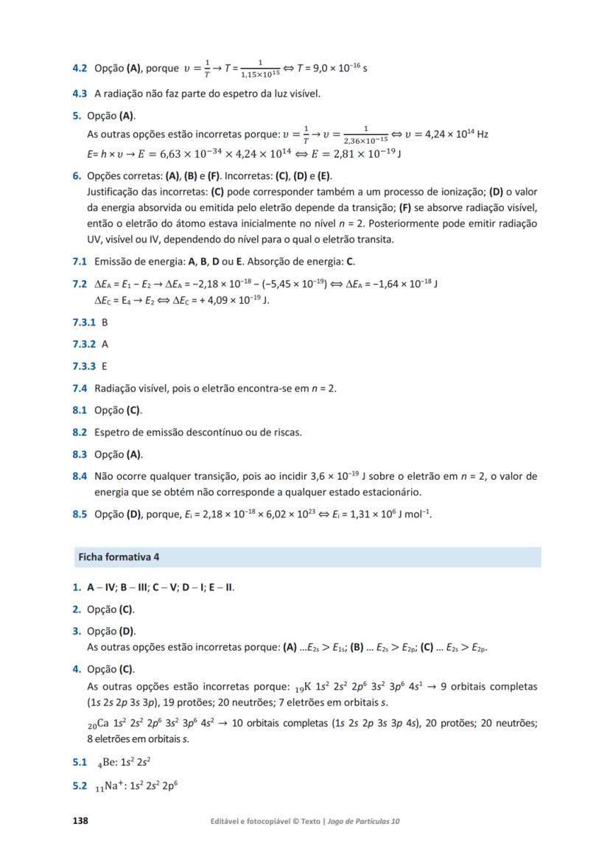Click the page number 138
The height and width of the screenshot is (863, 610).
pos(80,820)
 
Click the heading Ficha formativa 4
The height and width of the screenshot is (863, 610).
pos(119,556)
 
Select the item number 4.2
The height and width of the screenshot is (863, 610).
pos(80,69)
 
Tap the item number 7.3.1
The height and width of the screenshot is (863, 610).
pos(84,322)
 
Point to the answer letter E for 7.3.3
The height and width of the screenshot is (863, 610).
pos(105,366)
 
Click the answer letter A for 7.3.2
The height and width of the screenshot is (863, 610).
pos(105,343)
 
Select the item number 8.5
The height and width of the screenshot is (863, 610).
pos(80,514)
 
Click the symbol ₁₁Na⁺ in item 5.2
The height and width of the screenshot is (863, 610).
pos(108,786)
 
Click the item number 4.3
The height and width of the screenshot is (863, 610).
pos(80,94)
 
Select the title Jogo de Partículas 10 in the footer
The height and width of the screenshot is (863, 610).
pos(363,821)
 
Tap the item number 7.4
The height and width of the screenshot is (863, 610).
pos(80,388)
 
